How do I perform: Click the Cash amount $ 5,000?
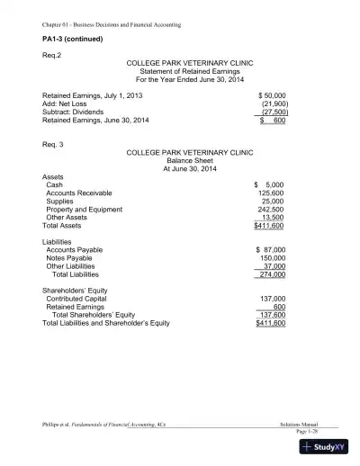(x=270, y=184)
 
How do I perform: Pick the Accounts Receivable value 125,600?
(x=271, y=193)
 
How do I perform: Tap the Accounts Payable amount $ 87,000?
(x=270, y=249)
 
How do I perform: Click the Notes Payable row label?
(x=73, y=257)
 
